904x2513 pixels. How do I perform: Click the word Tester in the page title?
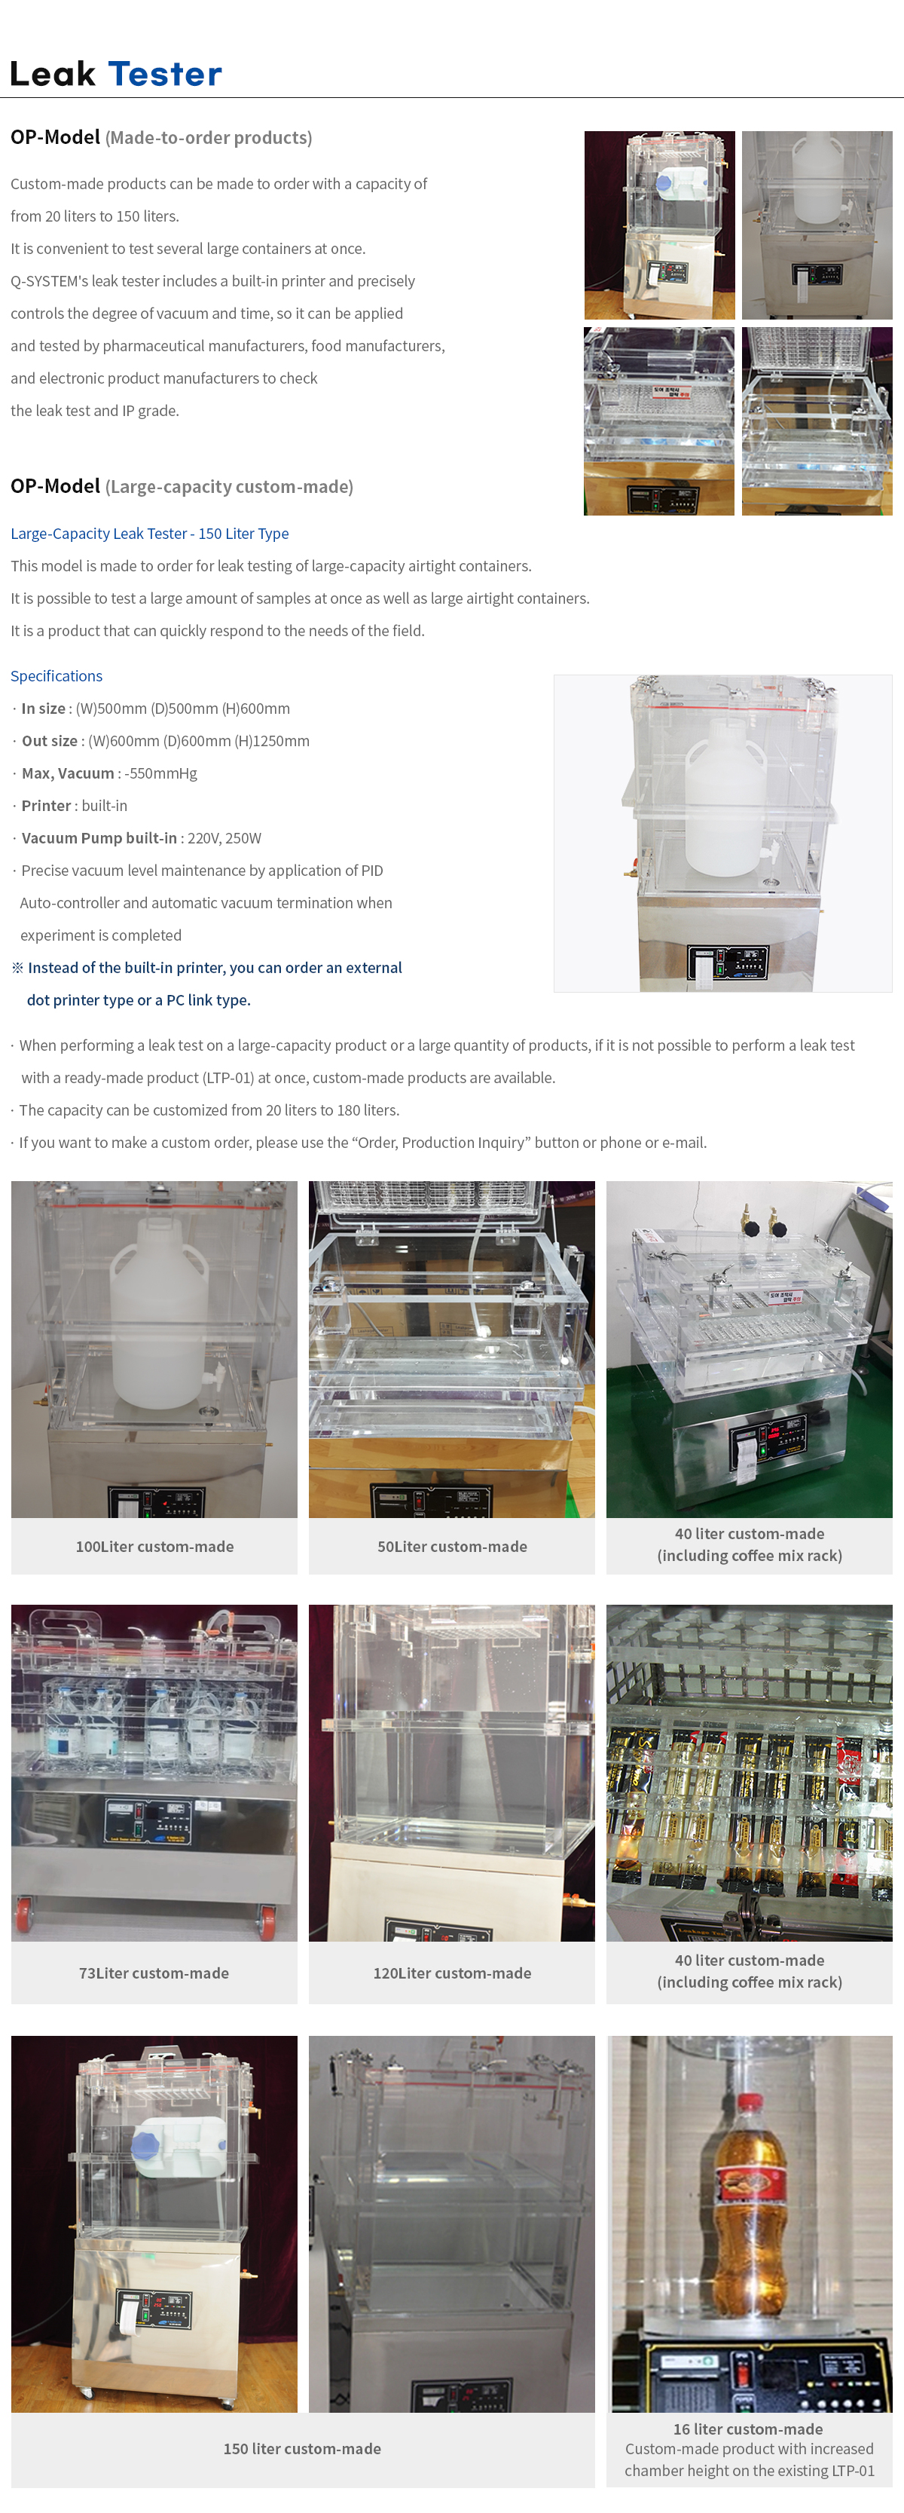pos(165,74)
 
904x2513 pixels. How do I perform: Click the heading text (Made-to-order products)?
pos(209,137)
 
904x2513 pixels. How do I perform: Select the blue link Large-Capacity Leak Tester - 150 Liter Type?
pos(149,534)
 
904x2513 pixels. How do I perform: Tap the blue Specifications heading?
pos(56,676)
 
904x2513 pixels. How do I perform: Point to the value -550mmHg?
pos(161,773)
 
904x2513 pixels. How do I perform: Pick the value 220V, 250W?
pos(224,838)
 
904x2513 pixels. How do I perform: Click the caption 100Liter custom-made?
pos(155,1546)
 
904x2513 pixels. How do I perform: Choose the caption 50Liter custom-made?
pos(453,1546)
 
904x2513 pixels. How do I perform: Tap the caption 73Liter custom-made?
pos(154,1973)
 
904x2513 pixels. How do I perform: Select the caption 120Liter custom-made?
pos(453,1973)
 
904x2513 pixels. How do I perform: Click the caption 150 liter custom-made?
pos(302,2449)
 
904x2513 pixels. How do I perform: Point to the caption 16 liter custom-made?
pos(748,2429)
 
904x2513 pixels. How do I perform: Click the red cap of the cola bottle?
pos(749,2102)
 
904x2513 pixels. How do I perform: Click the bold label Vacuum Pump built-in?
pos(99,838)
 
